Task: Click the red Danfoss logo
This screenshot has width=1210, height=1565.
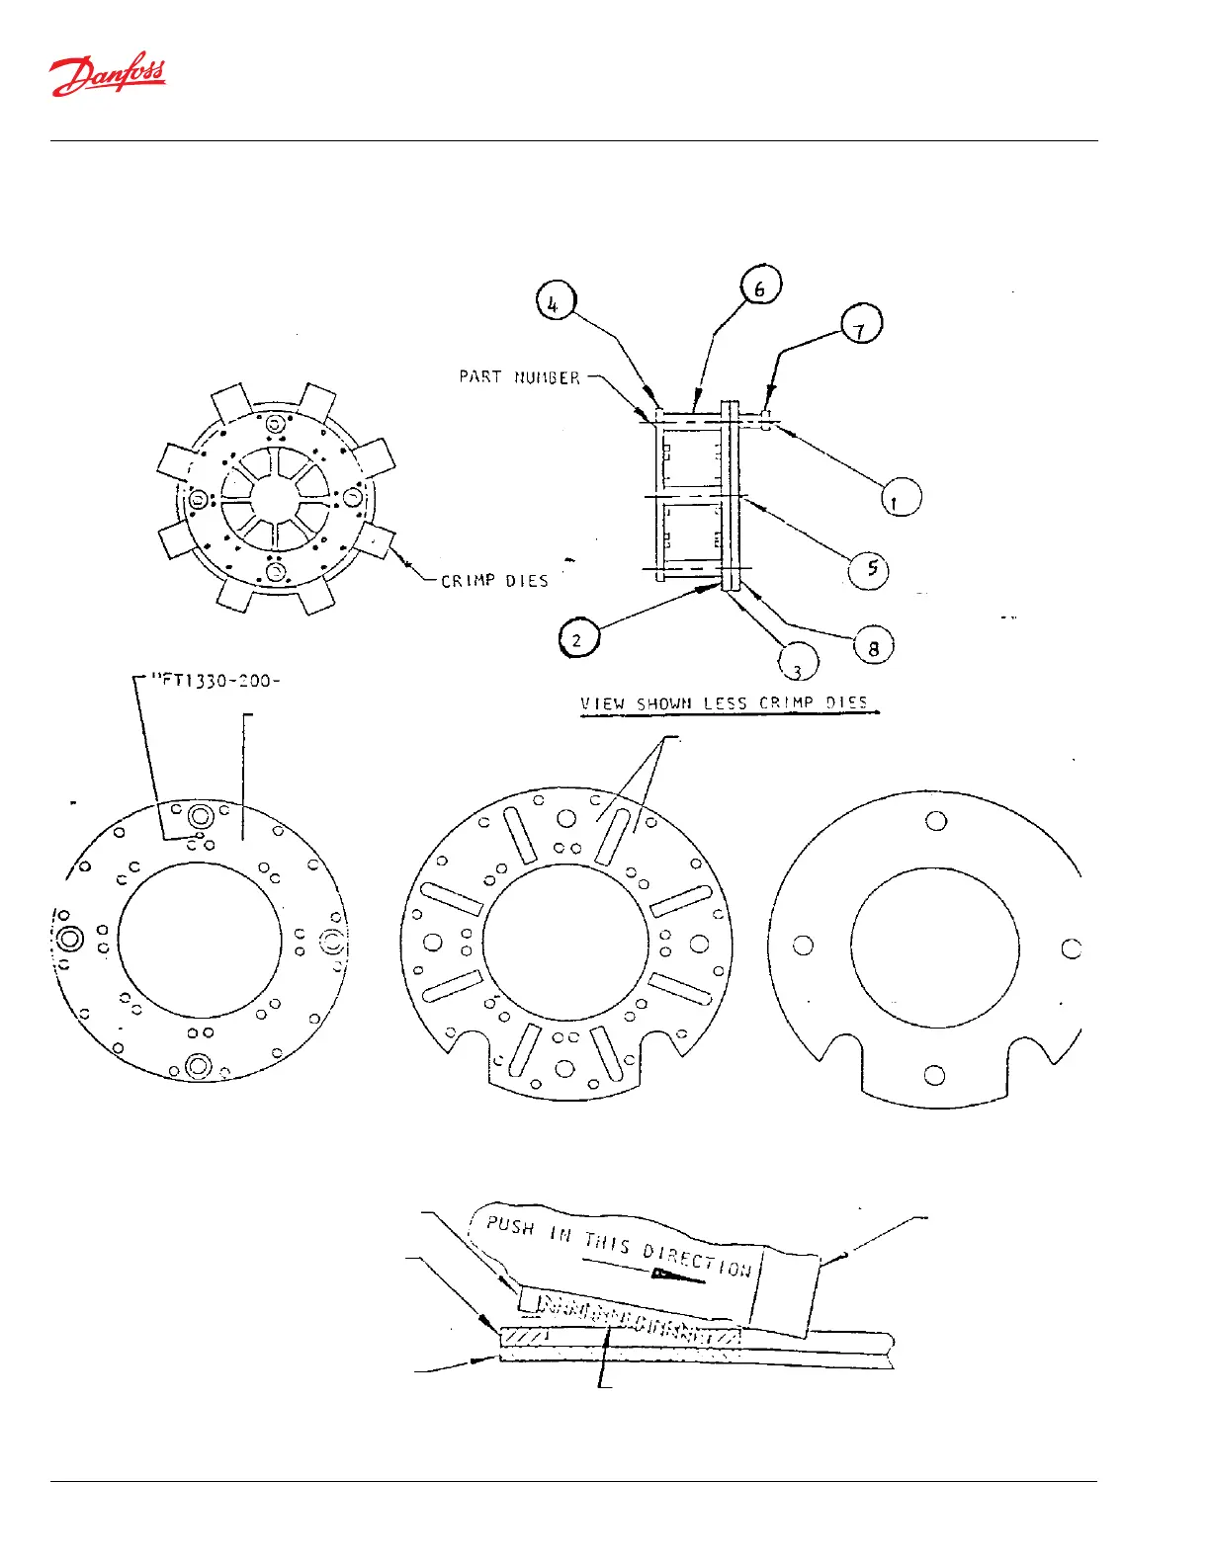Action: [x=108, y=74]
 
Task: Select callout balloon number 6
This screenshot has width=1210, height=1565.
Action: [x=760, y=287]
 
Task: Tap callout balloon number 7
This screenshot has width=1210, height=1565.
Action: [x=861, y=325]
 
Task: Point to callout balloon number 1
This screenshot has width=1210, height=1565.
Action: [x=900, y=497]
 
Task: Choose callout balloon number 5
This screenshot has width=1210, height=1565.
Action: [x=869, y=569]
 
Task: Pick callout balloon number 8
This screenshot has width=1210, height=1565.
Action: [x=873, y=647]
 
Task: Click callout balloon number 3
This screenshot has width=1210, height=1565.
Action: [x=799, y=663]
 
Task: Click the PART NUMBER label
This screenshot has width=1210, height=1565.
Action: [x=519, y=377]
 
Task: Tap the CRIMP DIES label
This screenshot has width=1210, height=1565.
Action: [x=494, y=581]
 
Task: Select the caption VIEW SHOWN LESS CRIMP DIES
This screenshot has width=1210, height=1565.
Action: [x=724, y=703]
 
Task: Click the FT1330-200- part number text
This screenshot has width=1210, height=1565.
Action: [x=215, y=680]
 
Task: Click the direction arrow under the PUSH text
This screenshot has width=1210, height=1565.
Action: [x=678, y=1276]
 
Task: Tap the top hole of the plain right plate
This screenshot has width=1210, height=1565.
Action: [x=935, y=821]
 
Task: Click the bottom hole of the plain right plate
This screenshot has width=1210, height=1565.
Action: [x=934, y=1075]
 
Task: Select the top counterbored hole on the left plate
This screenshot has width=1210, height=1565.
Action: [x=202, y=816]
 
